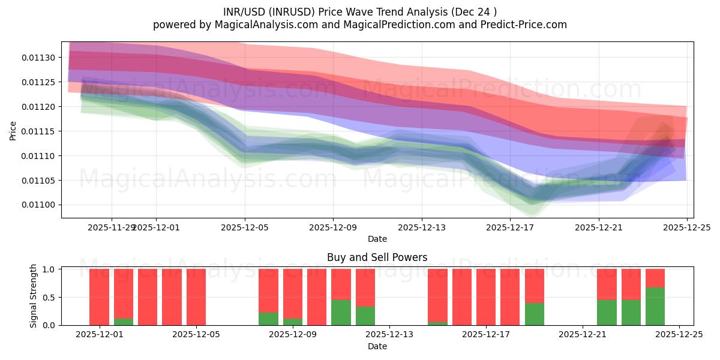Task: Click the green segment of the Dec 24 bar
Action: pyautogui.click(x=655, y=307)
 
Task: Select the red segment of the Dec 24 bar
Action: pyautogui.click(x=655, y=278)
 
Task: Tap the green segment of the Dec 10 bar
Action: pyautogui.click(x=341, y=313)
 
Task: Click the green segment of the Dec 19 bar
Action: pyautogui.click(x=535, y=314)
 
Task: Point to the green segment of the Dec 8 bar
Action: pyautogui.click(x=268, y=319)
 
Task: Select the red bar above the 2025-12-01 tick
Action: pyautogui.click(x=99, y=297)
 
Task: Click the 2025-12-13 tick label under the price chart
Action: pyautogui.click(x=421, y=227)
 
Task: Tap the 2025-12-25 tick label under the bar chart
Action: pyautogui.click(x=679, y=335)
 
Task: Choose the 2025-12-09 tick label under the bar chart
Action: pyautogui.click(x=293, y=335)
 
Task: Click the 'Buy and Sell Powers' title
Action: pyautogui.click(x=377, y=257)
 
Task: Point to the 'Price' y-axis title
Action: pyautogui.click(x=13, y=131)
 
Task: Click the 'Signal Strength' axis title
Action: pyautogui.click(x=34, y=296)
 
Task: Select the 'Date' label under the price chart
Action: pyautogui.click(x=377, y=239)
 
